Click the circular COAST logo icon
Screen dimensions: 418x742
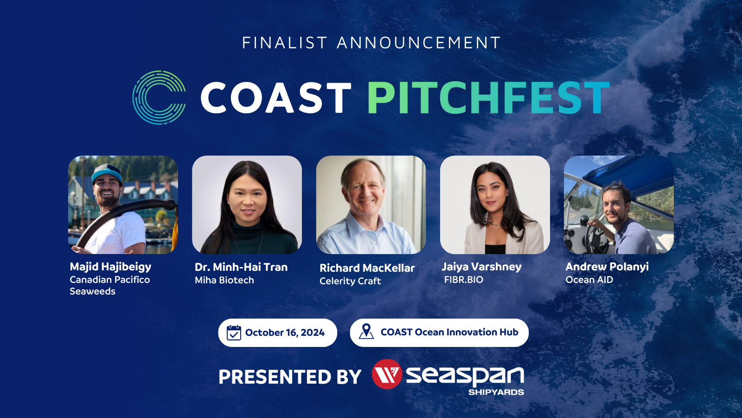click(x=159, y=98)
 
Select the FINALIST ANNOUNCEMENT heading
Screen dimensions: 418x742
click(x=371, y=43)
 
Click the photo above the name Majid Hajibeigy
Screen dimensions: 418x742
click(x=123, y=205)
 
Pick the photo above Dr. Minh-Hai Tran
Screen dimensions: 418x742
click(x=247, y=205)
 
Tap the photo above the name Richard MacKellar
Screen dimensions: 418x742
click(x=371, y=205)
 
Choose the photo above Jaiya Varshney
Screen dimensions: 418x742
click(x=495, y=205)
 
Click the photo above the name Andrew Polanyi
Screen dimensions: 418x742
click(x=619, y=205)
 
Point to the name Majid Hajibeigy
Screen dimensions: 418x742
click(x=110, y=267)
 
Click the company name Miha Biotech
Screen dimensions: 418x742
click(x=224, y=280)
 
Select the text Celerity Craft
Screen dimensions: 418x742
click(x=350, y=281)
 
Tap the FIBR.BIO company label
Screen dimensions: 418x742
click(x=464, y=280)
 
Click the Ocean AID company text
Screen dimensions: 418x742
click(x=589, y=280)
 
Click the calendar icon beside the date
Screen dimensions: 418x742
click(x=234, y=333)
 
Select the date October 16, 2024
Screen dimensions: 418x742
click(x=285, y=333)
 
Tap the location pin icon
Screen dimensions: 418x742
click(x=366, y=332)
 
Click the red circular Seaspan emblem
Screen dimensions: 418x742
click(x=387, y=374)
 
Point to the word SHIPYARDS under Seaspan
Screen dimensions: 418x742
click(x=496, y=392)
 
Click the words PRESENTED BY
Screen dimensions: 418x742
click(x=290, y=377)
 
